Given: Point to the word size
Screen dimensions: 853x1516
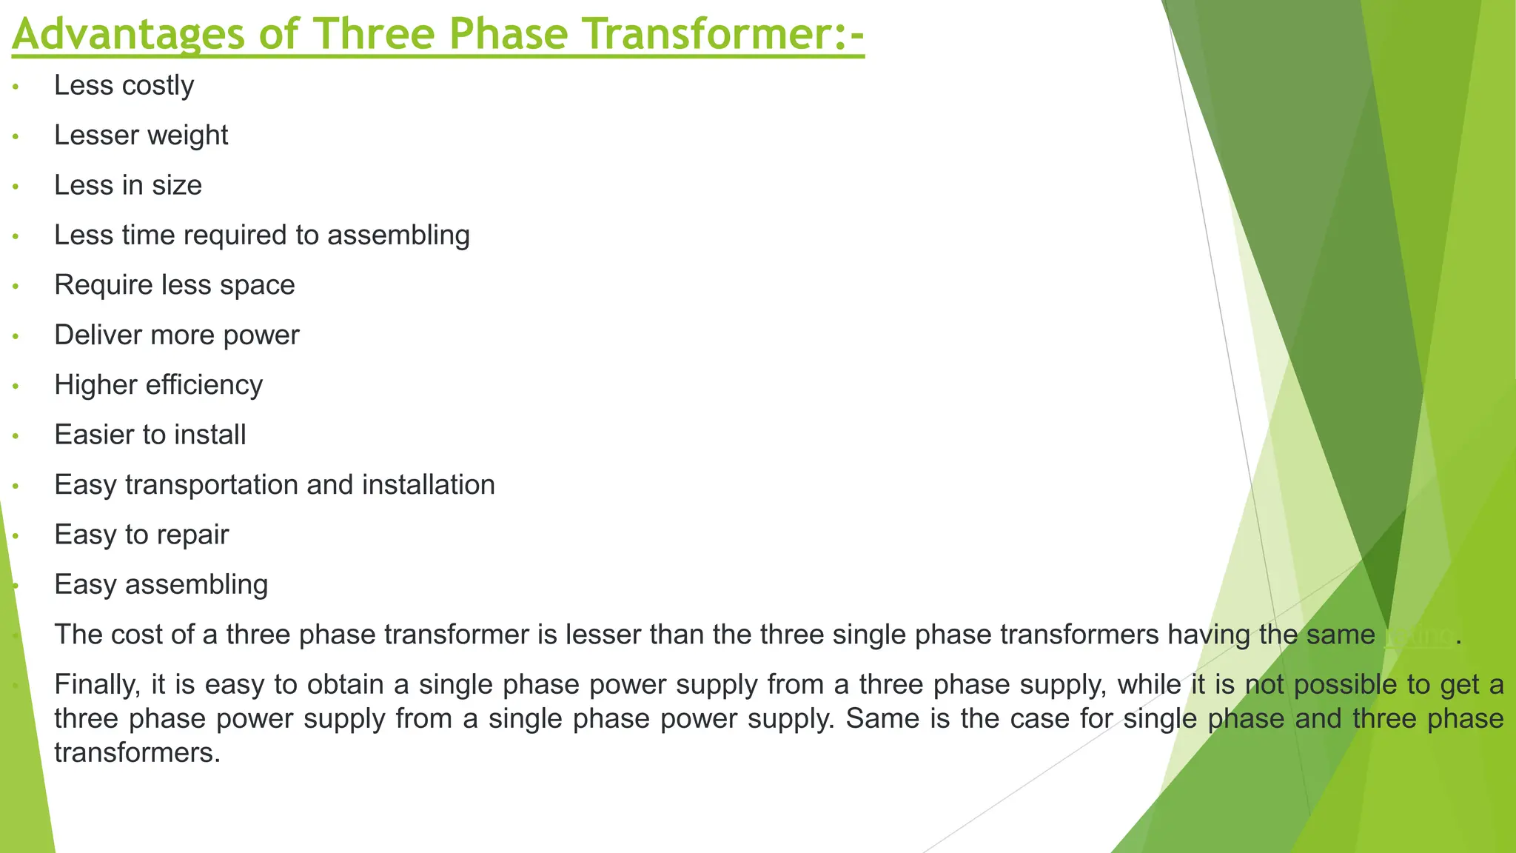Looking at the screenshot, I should click(177, 185).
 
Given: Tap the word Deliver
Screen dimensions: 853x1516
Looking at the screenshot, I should click(98, 335).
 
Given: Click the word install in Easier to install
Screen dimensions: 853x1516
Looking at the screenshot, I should click(210, 435).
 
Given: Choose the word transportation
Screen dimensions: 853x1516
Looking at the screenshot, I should click(211, 485).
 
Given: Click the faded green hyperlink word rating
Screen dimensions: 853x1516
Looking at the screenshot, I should click(1418, 635).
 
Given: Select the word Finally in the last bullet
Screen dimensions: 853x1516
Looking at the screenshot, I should click(97, 684).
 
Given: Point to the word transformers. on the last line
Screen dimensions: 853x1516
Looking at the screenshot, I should click(138, 753).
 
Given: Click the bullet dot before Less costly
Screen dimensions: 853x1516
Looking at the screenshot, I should click(16, 88).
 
